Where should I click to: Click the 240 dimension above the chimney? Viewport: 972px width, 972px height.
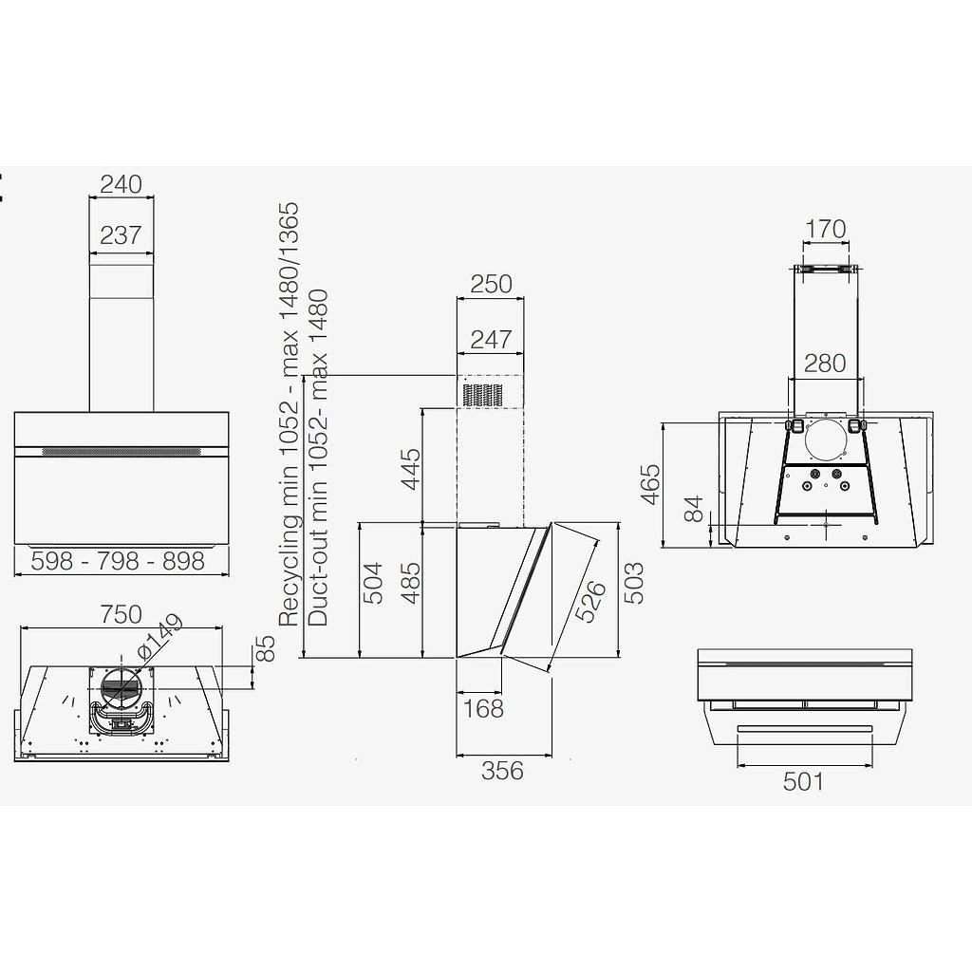[x=121, y=184]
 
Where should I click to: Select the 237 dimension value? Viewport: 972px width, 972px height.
[x=121, y=235]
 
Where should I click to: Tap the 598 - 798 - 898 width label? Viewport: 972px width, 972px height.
[x=118, y=561]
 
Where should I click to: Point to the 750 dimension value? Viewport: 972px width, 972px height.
[x=121, y=614]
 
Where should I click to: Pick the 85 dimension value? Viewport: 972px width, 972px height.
[x=266, y=648]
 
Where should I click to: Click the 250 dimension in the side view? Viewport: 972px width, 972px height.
[x=491, y=284]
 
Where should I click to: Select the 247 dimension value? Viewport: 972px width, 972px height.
[x=491, y=339]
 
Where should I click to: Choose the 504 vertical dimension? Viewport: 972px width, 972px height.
[x=372, y=584]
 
